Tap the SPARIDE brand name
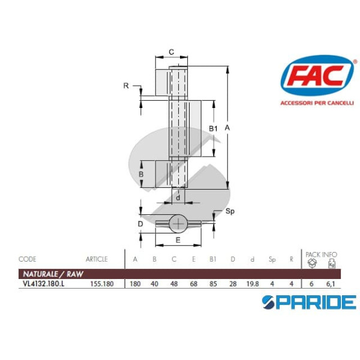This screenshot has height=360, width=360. (310, 302)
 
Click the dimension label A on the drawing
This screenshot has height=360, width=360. (226, 128)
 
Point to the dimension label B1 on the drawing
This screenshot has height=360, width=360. (212, 128)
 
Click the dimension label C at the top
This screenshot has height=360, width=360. (171, 52)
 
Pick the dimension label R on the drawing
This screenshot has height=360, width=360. (126, 86)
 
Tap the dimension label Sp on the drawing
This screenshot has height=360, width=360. (229, 212)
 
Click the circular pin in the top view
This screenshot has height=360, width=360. (178, 224)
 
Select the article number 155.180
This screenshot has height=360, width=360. (101, 284)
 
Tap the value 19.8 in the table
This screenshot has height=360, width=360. (252, 284)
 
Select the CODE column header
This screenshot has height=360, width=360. (28, 259)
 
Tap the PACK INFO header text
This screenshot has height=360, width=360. (321, 254)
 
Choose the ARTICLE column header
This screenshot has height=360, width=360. (96, 259)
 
